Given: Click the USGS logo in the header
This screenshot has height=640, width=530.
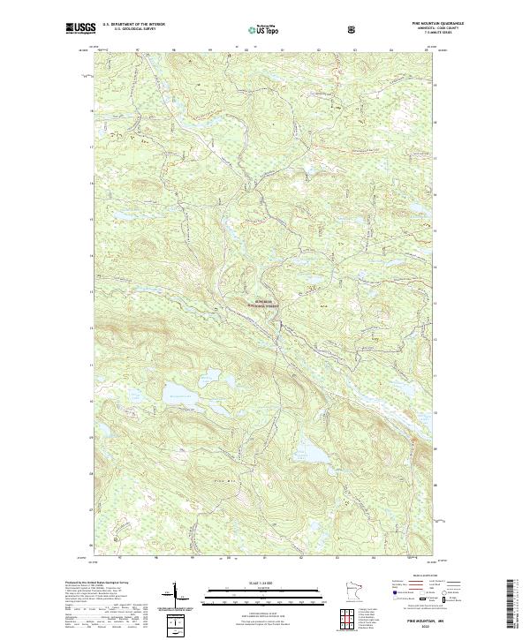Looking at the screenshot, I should pyautogui.click(x=80, y=29).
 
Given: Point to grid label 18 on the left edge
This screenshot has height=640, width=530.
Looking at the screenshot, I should pyautogui.click(x=91, y=111).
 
